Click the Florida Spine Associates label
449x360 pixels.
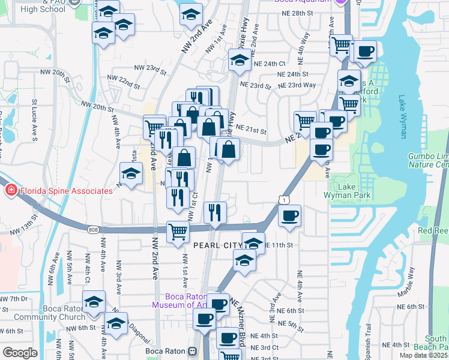pos(66,191)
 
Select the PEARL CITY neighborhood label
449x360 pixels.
pos(217,246)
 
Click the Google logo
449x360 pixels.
pos(20,353)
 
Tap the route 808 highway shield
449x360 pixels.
pos(92,230)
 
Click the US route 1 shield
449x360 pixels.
pos(282,199)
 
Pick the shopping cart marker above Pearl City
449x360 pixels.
pos(178,232)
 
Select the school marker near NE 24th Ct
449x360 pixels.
pos(240,60)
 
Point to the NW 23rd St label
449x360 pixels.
pos(150,69)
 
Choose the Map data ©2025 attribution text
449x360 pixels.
pos(424,355)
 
